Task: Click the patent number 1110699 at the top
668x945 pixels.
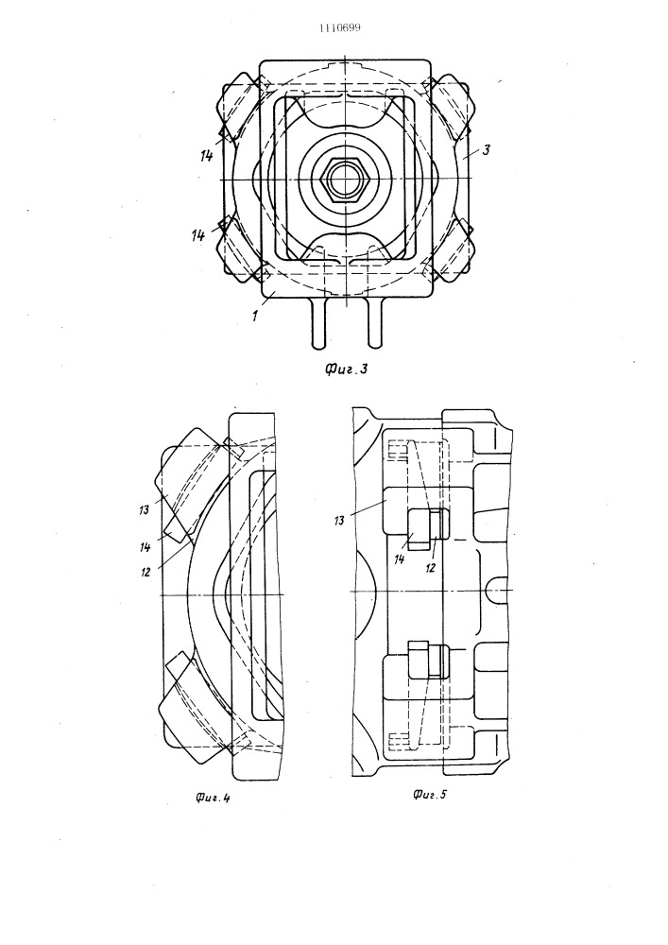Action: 340,27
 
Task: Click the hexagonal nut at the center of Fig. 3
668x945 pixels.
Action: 345,180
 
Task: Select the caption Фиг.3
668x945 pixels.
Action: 347,369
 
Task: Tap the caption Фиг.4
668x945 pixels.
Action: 214,799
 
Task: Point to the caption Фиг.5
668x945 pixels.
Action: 430,795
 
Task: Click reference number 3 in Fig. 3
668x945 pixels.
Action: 486,149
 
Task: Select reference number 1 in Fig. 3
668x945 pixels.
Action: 255,316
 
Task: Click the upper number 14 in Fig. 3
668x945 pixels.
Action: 207,156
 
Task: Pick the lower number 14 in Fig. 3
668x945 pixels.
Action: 198,235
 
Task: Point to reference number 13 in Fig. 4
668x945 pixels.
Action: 144,510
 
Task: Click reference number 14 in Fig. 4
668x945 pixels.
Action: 146,547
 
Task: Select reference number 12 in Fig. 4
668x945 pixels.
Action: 146,572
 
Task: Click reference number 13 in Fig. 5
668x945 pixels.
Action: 340,519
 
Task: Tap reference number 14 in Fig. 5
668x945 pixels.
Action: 398,558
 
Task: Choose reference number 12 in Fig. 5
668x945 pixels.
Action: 430,567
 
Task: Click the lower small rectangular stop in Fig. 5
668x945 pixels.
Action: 429,661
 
